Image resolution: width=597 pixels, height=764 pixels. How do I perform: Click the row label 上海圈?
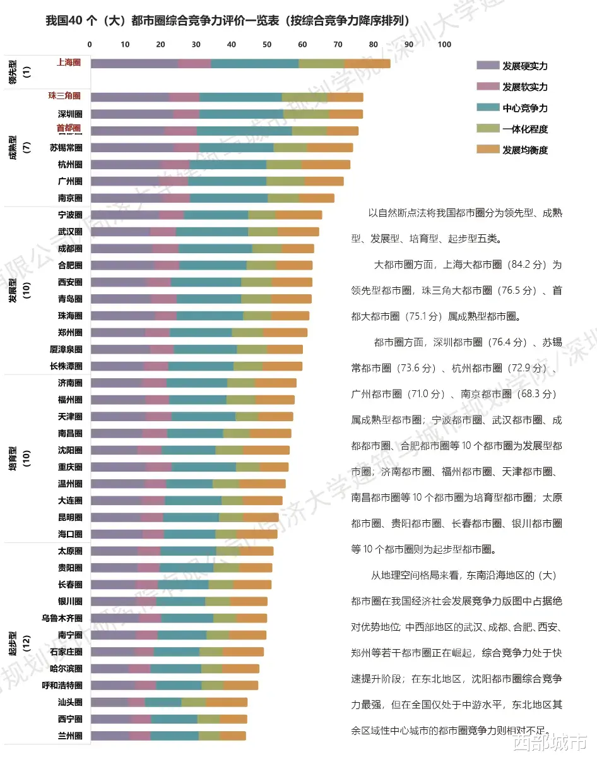pos(69,62)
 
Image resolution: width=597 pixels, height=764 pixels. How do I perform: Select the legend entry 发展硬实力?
pos(524,66)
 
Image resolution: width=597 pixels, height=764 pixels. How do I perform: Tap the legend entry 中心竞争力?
pos(524,108)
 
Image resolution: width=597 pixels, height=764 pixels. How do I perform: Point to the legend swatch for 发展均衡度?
pos(488,150)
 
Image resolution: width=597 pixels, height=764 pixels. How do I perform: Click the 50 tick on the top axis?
pos(267,44)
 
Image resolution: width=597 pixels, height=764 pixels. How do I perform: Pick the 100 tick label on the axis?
pos(444,44)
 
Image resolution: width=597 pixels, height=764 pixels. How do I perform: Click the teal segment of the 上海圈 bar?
pos(254,63)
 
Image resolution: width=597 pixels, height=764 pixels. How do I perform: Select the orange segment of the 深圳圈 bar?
pos(346,114)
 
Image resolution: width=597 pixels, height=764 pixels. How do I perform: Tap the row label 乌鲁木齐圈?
pos(62,618)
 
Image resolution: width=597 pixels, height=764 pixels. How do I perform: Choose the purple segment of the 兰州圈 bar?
pos(110,736)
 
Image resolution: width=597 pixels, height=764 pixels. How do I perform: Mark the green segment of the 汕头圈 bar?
pos(194,702)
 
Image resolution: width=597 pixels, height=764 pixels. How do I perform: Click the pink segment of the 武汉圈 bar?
pos(163,232)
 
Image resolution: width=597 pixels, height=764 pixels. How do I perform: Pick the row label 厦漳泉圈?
pos(66,349)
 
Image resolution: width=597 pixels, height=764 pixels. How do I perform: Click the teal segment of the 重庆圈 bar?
pos(204,467)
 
